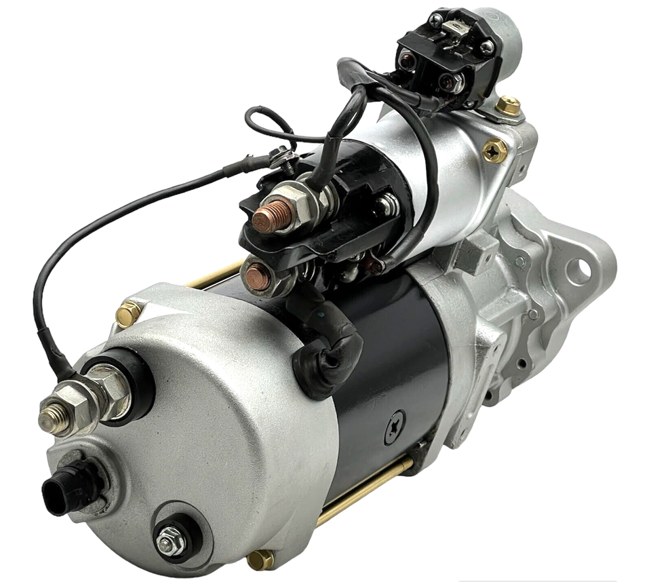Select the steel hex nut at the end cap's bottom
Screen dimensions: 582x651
(x=170, y=540)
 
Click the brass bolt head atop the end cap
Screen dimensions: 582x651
(x=128, y=313)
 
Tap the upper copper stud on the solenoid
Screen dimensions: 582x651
(x=273, y=216)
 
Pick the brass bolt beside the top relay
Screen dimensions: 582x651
(x=508, y=105)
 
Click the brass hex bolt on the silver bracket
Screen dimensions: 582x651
(x=494, y=151)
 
